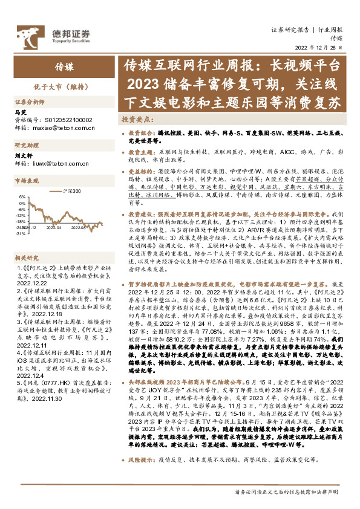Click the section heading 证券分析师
point(30,102)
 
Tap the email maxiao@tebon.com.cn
point(62,128)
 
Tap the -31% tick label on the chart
point(21,233)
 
